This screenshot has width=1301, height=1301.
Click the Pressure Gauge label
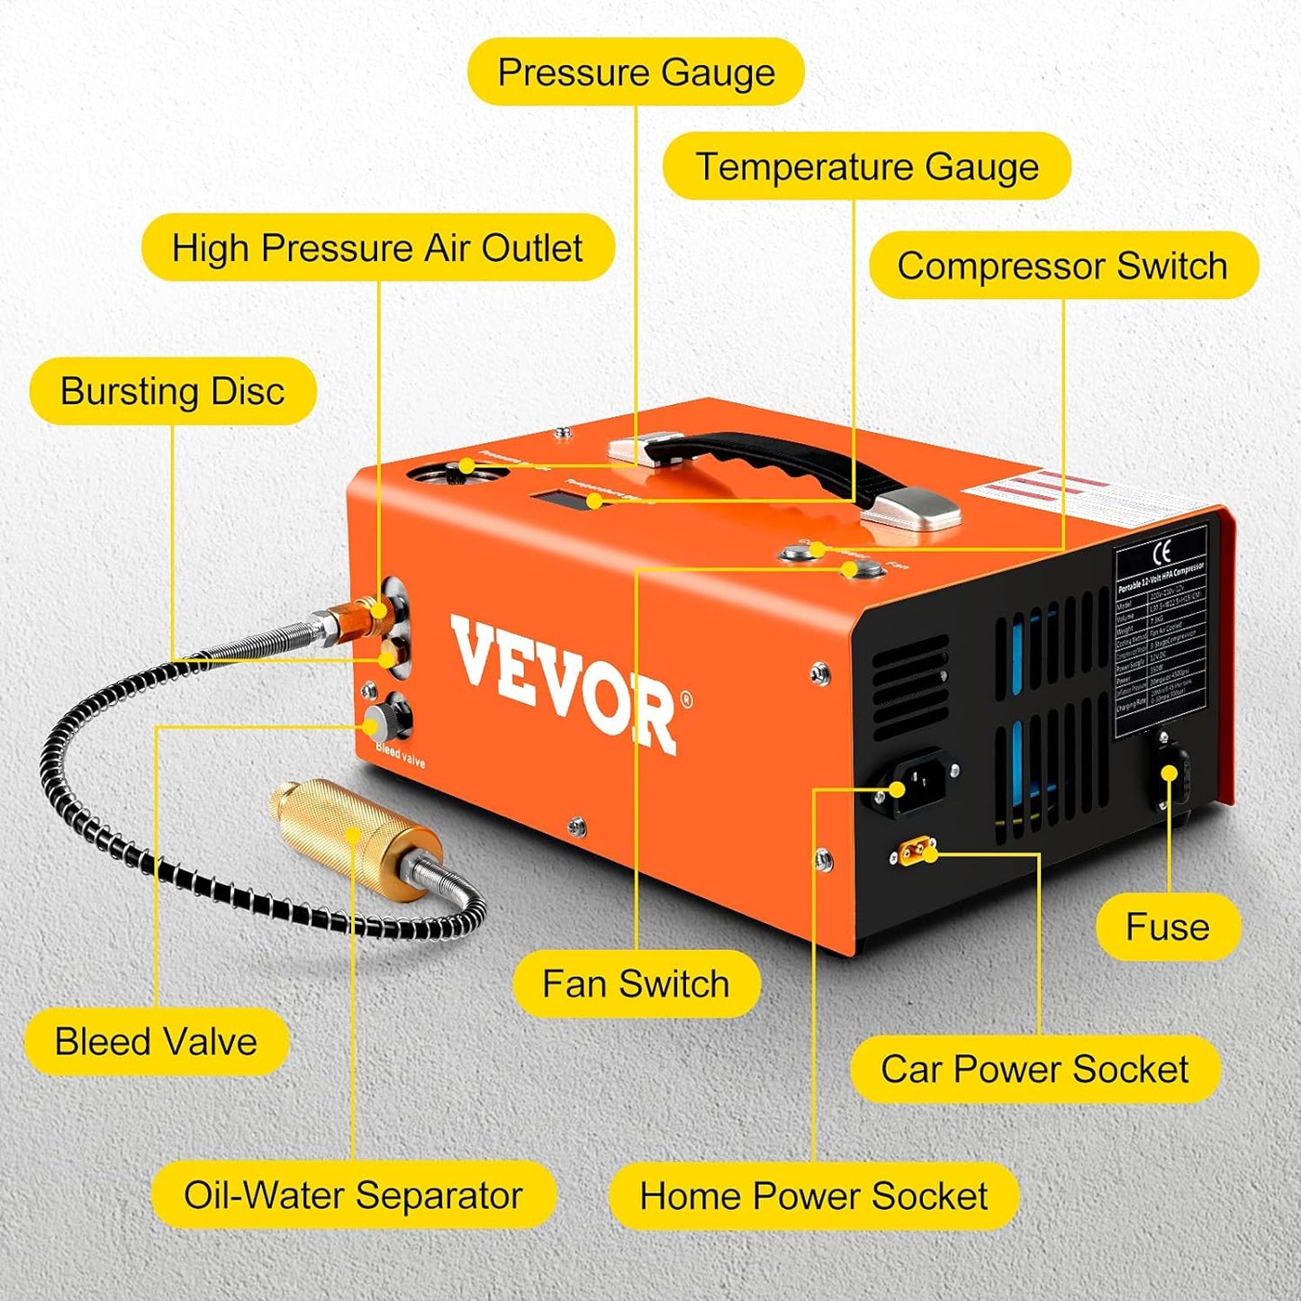pos(636,72)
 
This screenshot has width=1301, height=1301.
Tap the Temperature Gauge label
pos(866,167)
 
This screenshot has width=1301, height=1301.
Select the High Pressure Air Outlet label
pos(377,248)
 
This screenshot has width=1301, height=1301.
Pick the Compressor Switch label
pos(1062,266)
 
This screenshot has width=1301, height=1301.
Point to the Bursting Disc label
pos(172,391)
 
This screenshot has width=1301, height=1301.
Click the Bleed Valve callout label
pos(156,1042)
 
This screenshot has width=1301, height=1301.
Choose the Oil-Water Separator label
pos(353,1195)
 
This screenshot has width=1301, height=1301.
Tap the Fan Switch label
pos(636,984)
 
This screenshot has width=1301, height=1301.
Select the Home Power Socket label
pos(813,1196)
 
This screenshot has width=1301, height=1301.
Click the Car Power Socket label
pos(1034,1069)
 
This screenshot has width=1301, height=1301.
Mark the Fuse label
pos(1168,926)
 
